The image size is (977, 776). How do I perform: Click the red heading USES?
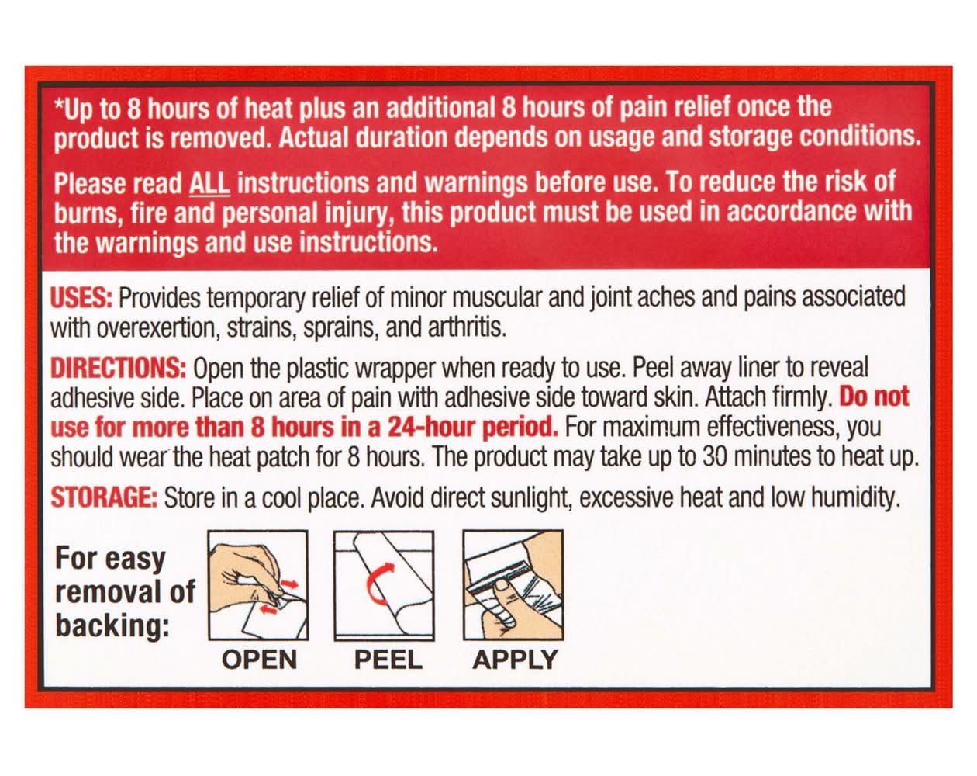(81, 298)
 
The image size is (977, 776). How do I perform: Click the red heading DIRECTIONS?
(119, 368)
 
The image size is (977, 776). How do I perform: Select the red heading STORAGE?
(104, 497)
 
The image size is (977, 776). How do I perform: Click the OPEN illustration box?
(258, 585)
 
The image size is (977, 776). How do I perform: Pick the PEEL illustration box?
(384, 585)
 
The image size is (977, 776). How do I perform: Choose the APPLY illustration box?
(513, 585)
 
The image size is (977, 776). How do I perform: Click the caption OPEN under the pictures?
(259, 660)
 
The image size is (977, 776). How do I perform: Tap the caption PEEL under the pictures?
(388, 660)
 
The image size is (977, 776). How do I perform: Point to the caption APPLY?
(515, 660)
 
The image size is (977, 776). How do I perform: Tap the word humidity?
(855, 498)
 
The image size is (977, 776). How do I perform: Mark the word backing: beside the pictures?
(112, 626)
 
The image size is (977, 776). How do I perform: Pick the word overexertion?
(156, 327)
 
